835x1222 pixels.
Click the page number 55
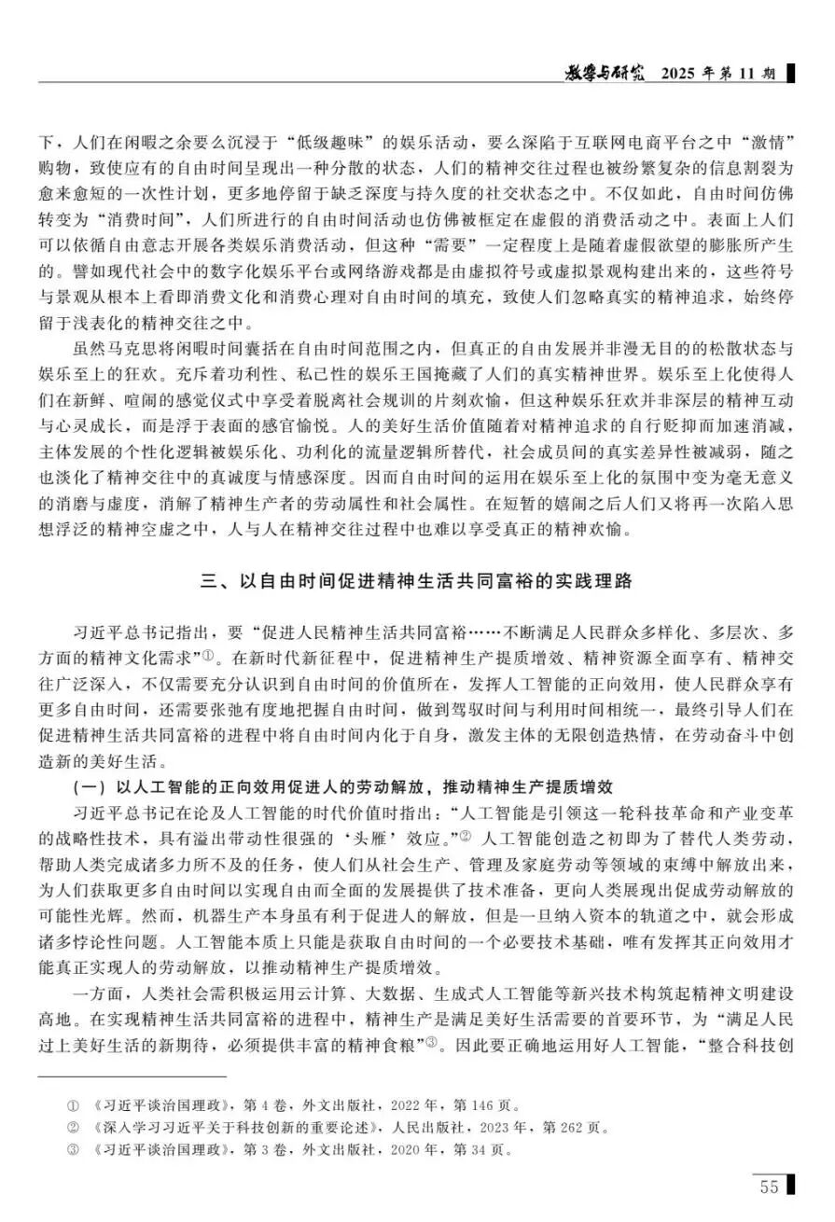tap(769, 1187)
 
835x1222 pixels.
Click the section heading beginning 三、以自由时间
tap(417, 581)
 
